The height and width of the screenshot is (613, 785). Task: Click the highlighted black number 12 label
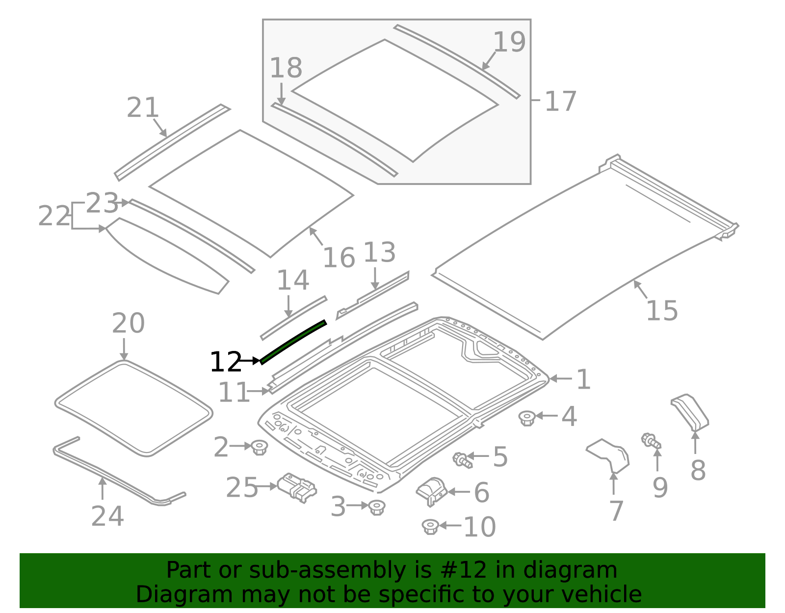coord(226,362)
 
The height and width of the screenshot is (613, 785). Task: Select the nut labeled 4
coord(527,418)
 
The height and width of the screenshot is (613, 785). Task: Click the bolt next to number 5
coord(462,460)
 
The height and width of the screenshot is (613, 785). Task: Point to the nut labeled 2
coord(259,447)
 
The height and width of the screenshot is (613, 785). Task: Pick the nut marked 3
coord(376,507)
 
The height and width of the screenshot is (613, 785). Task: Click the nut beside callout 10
coord(430,527)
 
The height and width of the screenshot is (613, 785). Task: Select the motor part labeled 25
coord(297,487)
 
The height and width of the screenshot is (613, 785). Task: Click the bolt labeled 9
coord(651,440)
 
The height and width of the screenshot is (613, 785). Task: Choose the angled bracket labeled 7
coord(609,455)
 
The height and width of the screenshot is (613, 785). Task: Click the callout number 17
coord(560,101)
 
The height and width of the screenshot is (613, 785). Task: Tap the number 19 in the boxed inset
coord(509,42)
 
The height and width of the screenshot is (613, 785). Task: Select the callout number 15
coord(662,311)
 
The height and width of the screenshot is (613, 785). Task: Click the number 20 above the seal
coord(128,323)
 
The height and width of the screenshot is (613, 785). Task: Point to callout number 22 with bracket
coord(54,216)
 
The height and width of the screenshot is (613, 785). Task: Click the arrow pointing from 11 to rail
coord(259,391)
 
